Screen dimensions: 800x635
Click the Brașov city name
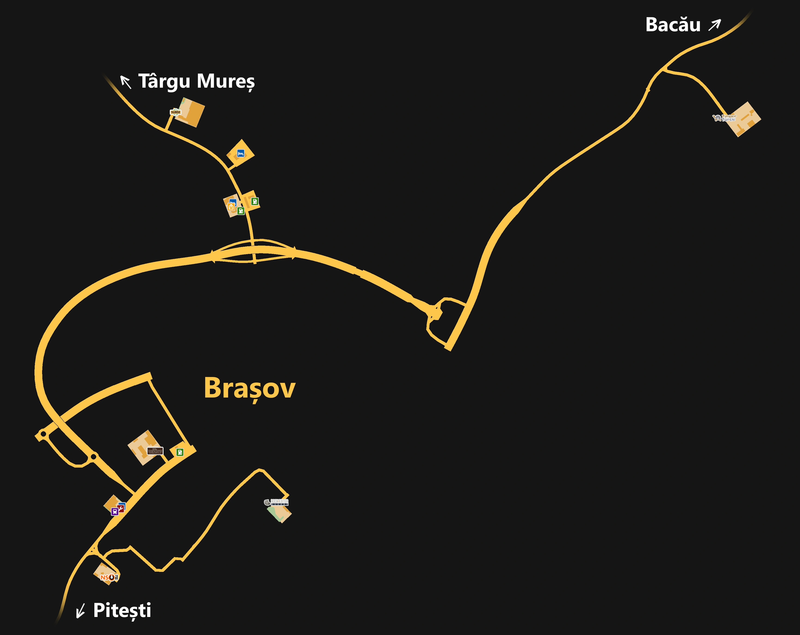[249, 388]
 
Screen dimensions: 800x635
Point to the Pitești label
[122, 610]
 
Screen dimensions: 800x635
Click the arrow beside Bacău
[714, 25]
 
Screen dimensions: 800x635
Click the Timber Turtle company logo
[724, 118]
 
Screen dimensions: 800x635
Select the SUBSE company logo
[176, 112]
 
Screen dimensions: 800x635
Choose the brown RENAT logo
[155, 451]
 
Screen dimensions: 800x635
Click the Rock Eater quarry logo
[276, 502]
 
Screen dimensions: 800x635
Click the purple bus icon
[115, 512]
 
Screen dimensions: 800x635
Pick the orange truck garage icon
[231, 207]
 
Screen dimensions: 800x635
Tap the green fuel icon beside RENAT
[180, 452]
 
